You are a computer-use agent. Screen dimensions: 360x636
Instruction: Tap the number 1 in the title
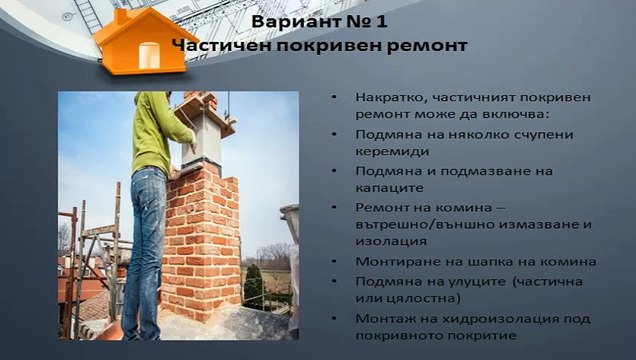pyautogui.click(x=384, y=21)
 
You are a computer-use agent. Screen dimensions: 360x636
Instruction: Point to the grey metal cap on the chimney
pyautogui.click(x=204, y=131)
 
